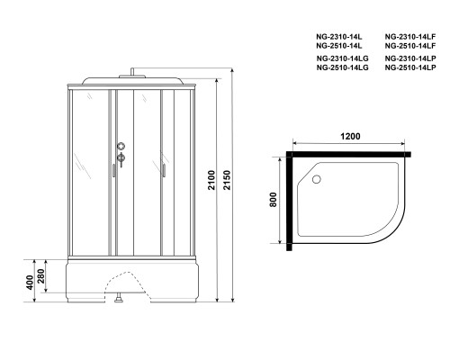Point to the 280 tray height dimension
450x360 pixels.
[x=41, y=274]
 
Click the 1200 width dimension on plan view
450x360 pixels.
[x=351, y=137]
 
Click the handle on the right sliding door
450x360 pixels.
[x=164, y=167]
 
